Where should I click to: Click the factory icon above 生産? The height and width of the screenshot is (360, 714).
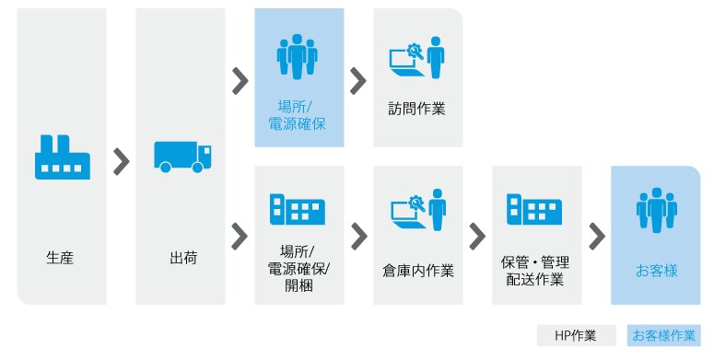point(63,157)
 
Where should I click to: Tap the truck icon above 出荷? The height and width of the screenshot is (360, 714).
point(182,157)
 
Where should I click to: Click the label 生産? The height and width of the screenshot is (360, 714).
point(60,258)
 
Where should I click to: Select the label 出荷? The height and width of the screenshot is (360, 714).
point(183,258)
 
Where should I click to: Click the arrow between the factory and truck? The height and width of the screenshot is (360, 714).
point(121,161)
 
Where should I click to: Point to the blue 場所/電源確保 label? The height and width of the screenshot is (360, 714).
point(297,116)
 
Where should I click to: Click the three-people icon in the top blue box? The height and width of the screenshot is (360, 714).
point(297,57)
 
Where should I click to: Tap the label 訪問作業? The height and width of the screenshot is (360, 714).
point(416,109)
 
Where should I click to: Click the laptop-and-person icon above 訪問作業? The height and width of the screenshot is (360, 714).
point(416,57)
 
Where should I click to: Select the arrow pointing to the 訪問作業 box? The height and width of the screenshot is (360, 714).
point(358,81)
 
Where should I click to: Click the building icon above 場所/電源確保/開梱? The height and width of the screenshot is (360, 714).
point(297,209)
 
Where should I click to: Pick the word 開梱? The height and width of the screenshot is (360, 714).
point(298,285)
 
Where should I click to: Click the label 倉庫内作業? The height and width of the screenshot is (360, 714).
point(418,272)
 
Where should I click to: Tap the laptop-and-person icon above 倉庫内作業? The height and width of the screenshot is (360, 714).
point(418,210)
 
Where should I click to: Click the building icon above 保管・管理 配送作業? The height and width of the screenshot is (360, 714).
point(534,209)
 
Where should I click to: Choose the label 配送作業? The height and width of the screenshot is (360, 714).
point(535,279)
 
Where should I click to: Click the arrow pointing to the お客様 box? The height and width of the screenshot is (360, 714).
point(597,237)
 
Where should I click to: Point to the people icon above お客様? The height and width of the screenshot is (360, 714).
point(657,210)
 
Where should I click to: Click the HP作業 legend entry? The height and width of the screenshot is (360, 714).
point(576,335)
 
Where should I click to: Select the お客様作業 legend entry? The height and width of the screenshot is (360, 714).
point(663,335)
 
